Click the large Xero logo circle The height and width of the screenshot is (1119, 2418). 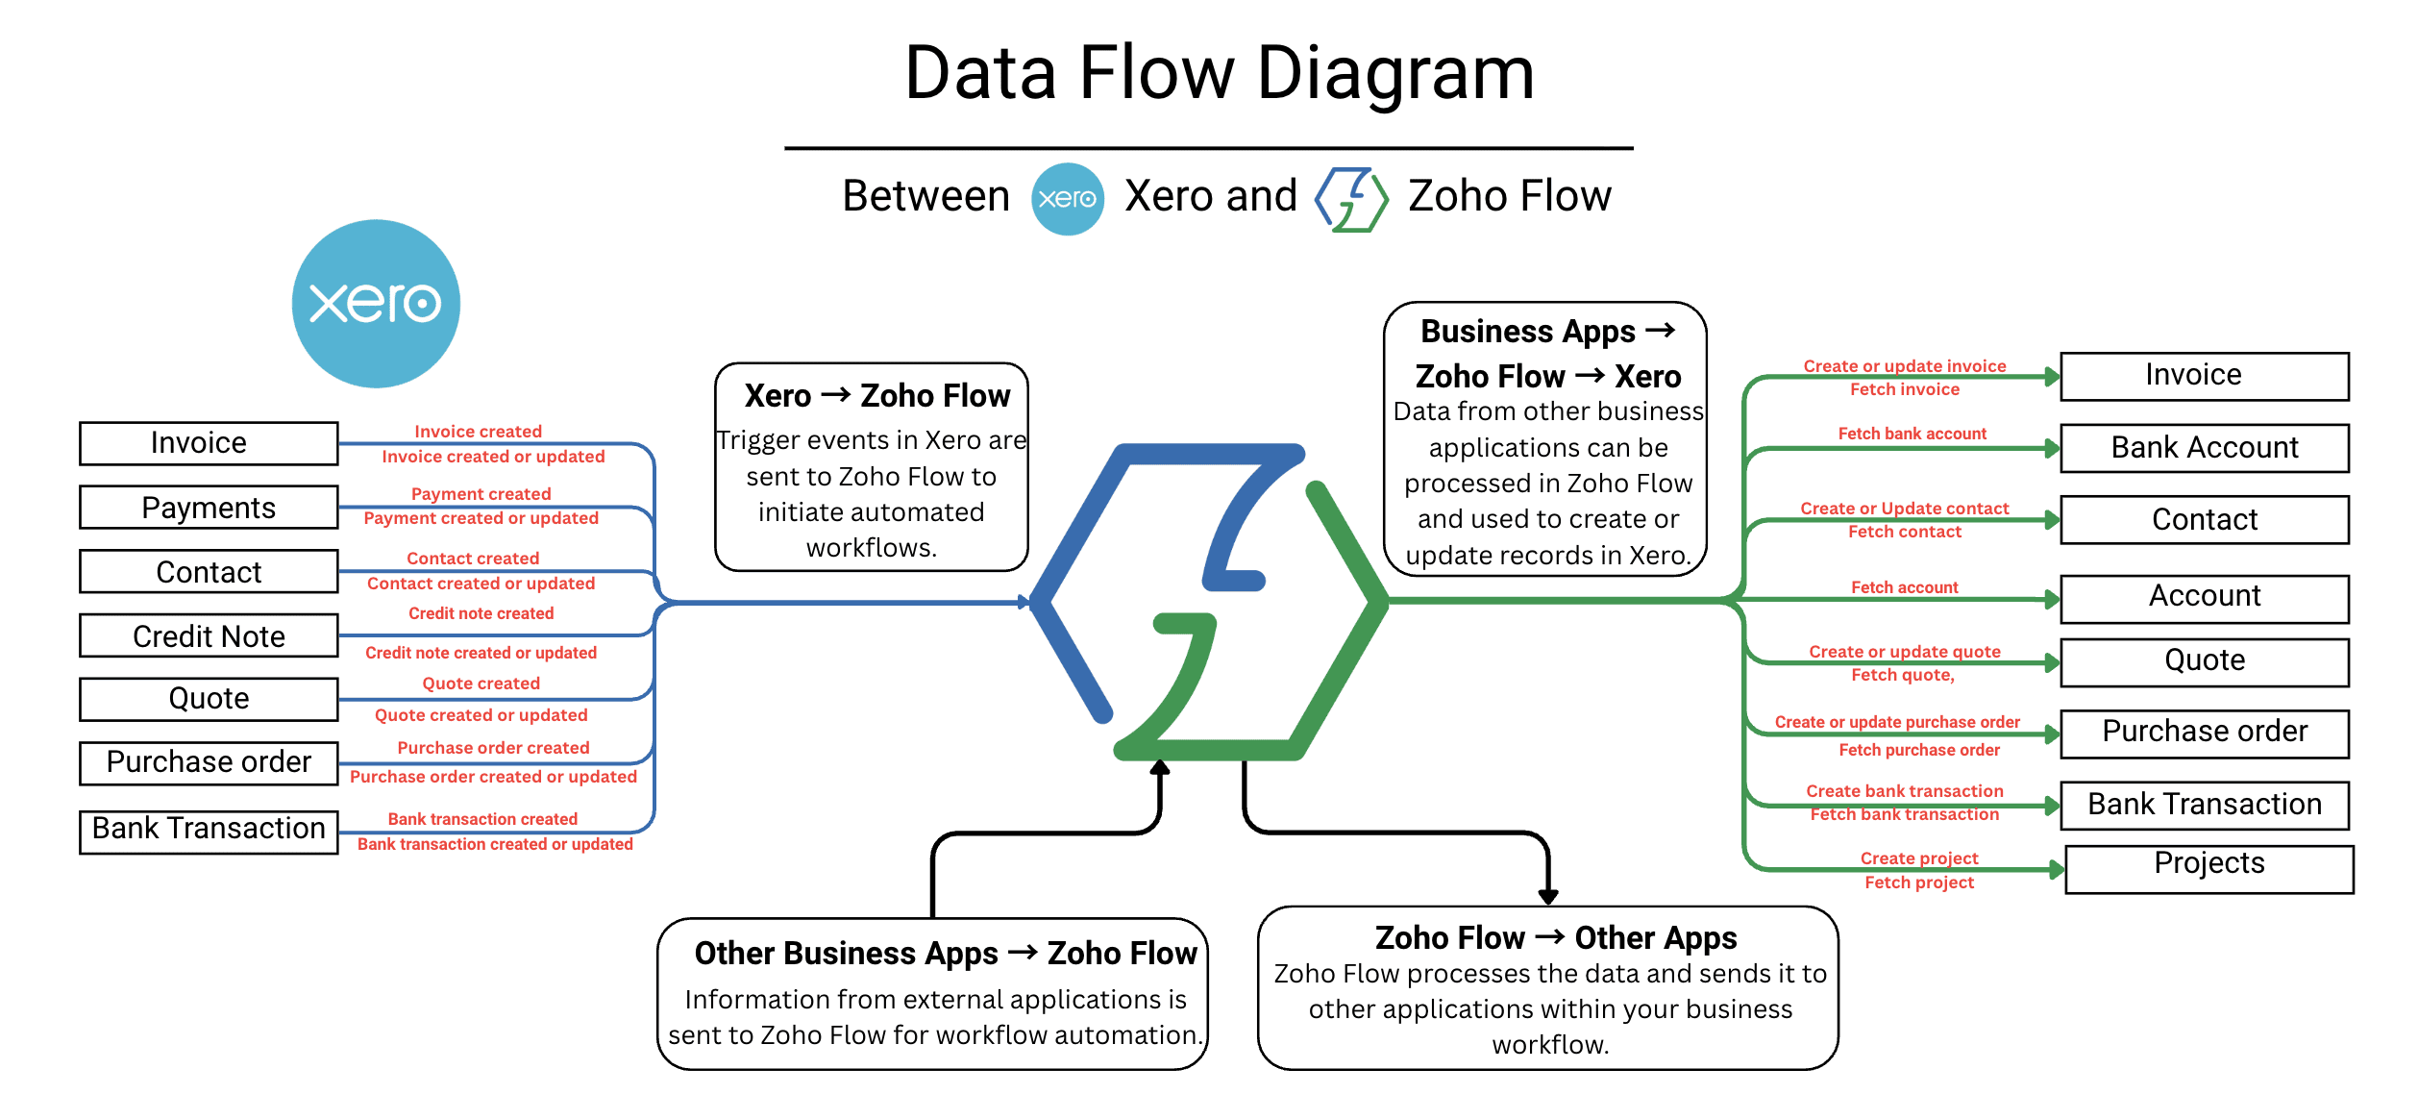tap(376, 304)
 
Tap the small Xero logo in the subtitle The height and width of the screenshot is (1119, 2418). tap(1067, 199)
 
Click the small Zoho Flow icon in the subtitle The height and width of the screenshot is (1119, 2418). tap(1351, 199)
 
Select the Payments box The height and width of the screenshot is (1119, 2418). tap(209, 508)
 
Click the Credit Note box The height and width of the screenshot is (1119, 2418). tap(209, 635)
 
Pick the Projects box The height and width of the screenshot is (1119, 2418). tap(2208, 869)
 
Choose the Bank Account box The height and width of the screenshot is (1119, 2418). tap(2205, 448)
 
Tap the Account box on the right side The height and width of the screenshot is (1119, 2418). tap(2205, 599)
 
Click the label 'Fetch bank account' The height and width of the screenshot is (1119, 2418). tap(1912, 434)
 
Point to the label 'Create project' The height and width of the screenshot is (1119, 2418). tap(1918, 858)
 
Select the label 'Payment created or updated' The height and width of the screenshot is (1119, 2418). tap(481, 518)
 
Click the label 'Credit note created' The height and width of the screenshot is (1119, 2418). tap(481, 613)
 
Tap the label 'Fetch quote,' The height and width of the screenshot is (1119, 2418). tap(1902, 675)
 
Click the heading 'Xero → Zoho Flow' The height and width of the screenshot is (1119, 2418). tap(876, 395)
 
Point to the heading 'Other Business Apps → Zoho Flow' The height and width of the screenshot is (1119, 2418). tap(946, 953)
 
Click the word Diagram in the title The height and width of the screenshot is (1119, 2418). tap(1395, 74)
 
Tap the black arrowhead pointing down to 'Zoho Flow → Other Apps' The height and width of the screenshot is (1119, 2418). tap(1547, 897)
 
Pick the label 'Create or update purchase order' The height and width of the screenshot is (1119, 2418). tap(1896, 722)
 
